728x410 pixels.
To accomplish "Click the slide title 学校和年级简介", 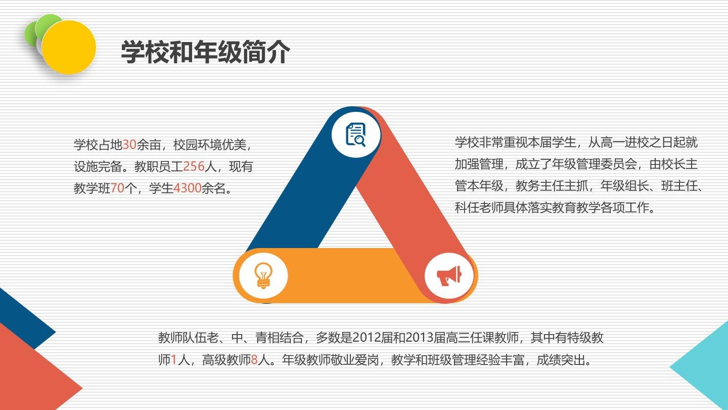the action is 205,52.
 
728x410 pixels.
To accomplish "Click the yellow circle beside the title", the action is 69,47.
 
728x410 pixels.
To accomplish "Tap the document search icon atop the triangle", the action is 356,135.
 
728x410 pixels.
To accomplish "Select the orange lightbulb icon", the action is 263,275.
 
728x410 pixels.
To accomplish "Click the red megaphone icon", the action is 449,276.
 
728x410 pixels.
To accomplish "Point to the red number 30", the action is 129,144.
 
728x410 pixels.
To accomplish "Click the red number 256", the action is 194,166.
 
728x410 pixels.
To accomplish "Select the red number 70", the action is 117,188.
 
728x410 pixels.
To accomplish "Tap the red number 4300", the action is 188,188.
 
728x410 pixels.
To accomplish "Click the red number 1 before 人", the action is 174,360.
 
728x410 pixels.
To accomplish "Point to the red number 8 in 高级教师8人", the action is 254,360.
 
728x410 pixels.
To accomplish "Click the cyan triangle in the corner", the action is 705,366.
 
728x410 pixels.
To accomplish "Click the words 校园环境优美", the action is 210,144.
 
